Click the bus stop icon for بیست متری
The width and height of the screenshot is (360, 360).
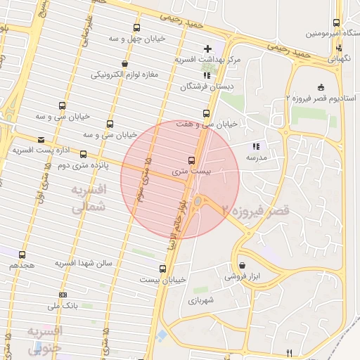(x=192, y=160)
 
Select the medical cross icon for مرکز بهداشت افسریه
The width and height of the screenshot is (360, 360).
(x=207, y=49)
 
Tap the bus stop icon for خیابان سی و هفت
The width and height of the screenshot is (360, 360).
(x=206, y=113)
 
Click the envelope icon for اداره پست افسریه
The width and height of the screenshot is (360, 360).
(x=41, y=139)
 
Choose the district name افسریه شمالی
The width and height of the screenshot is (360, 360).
(x=89, y=198)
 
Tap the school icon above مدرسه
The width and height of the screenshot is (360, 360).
(x=256, y=146)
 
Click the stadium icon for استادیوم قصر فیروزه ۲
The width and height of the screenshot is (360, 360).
(x=321, y=87)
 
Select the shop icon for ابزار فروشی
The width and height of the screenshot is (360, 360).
(x=243, y=266)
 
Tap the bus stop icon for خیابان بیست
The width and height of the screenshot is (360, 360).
(x=163, y=268)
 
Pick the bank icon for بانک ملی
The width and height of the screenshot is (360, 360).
(x=63, y=295)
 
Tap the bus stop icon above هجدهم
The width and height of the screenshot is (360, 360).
(x=22, y=255)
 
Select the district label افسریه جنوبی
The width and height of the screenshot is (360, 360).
(x=44, y=338)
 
